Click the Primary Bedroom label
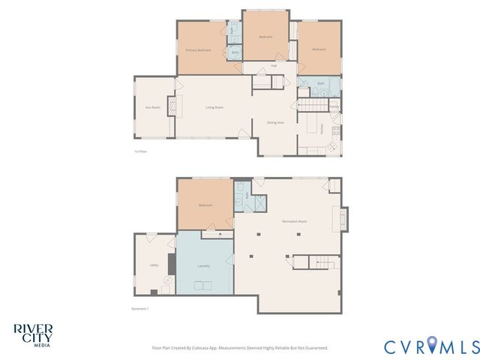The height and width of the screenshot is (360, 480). tap(198, 50)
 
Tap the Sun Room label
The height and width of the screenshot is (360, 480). tap(152, 107)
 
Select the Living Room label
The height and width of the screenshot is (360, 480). tap(214, 107)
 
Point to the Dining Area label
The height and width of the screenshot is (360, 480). tap(275, 122)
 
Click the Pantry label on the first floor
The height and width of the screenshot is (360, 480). tap(334, 106)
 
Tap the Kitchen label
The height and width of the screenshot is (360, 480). tap(322, 127)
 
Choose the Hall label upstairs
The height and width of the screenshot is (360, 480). tap(274, 66)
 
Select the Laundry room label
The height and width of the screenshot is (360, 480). tap(203, 265)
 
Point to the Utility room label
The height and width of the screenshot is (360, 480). tap(153, 265)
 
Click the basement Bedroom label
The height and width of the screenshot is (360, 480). tap(205, 205)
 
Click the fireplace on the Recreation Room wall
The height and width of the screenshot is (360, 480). tap(343, 219)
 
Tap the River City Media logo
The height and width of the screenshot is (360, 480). tap(32, 333)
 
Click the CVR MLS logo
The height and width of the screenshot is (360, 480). tap(431, 346)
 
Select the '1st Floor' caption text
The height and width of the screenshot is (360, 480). tap(140, 151)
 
